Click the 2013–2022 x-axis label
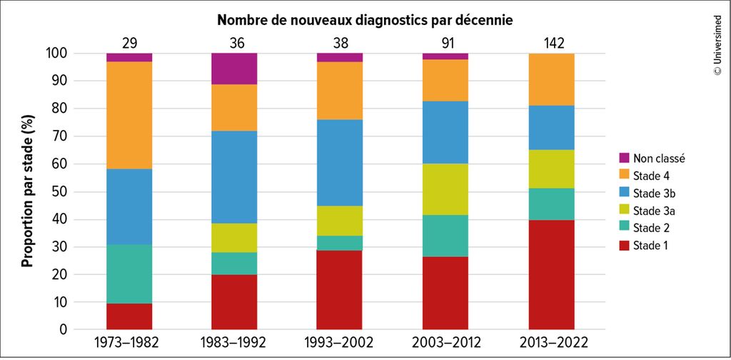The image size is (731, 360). pos(552,343)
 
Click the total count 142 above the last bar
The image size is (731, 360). pos(552,43)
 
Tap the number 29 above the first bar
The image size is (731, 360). pos(129,43)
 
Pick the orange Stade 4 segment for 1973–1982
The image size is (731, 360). pos(129,115)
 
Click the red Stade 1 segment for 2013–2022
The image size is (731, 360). pos(552,275)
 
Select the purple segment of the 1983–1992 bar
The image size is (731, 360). pos(234,69)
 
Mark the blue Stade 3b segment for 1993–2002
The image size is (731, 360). pos(340,163)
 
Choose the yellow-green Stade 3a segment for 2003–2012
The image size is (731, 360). pos(445,189)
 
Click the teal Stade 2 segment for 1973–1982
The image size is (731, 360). pos(129,274)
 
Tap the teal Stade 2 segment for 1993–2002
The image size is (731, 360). pos(340,243)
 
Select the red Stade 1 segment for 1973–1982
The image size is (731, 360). pos(129,317)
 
